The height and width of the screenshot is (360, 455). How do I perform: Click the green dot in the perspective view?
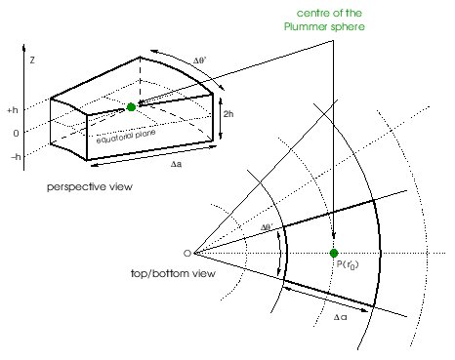(x=131, y=106)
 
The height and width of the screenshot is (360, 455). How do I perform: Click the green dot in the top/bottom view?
(x=334, y=254)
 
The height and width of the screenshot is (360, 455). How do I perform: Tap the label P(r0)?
(x=345, y=265)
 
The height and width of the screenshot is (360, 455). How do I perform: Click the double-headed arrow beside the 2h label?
(x=219, y=116)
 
